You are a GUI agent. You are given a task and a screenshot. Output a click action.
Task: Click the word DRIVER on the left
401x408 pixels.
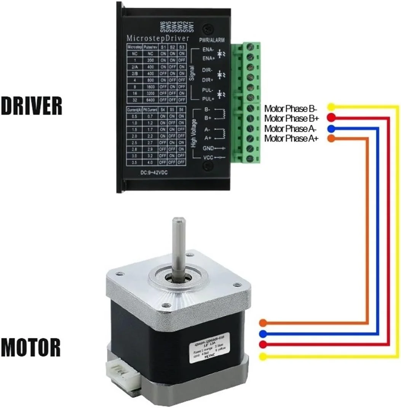31,106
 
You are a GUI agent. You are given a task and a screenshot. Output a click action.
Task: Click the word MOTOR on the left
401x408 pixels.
31,347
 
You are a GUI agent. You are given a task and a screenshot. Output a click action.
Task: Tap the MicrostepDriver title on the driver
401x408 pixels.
157,38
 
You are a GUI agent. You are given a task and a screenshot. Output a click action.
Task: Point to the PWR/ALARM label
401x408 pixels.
212,40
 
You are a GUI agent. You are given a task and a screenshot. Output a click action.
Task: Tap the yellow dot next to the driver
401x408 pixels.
331,107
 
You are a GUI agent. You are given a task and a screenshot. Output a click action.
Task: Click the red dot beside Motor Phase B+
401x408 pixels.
331,117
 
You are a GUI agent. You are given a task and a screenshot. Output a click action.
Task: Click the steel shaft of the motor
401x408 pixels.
178,248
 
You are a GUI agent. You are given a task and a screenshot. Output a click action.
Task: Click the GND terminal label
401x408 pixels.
208,148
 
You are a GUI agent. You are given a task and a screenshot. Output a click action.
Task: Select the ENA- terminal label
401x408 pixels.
208,50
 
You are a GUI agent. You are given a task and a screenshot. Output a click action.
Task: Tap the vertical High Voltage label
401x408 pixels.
193,132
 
